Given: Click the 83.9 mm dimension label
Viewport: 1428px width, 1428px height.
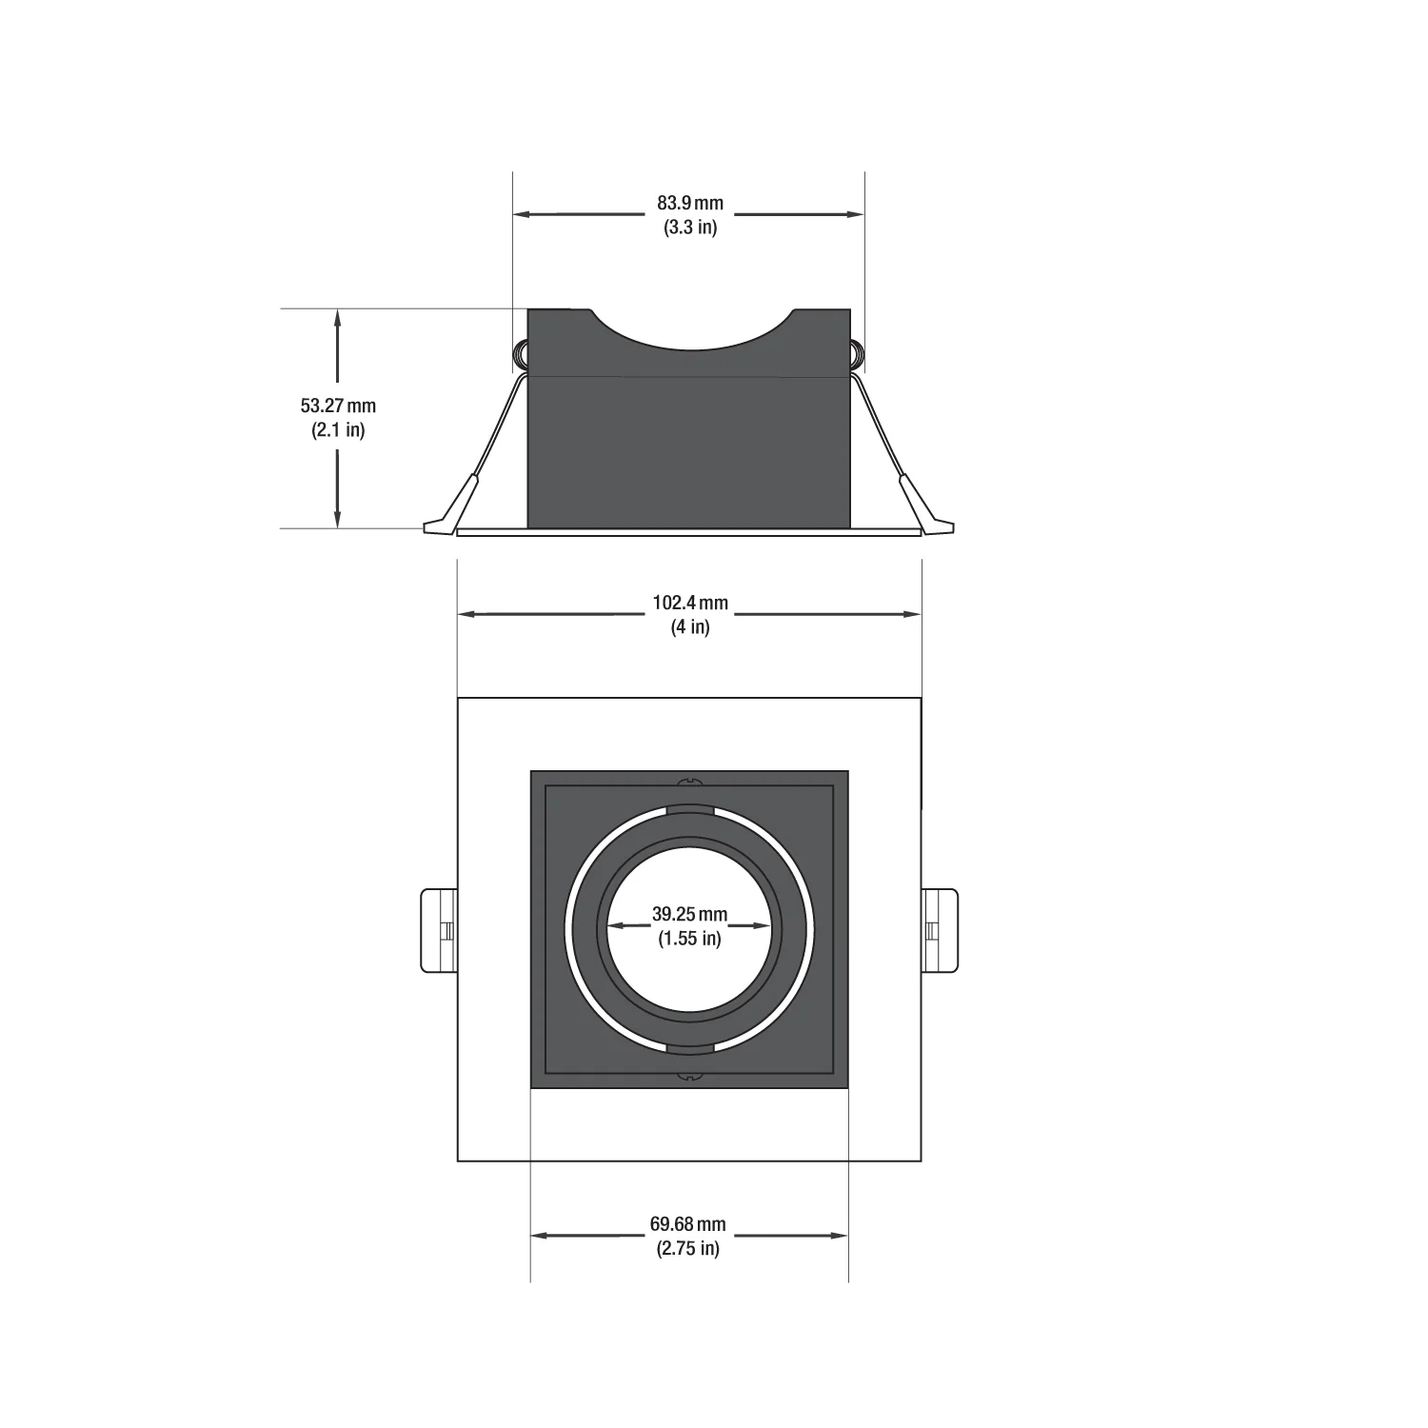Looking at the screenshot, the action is click(x=690, y=203).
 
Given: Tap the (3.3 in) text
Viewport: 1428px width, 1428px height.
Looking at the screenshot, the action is click(x=690, y=228).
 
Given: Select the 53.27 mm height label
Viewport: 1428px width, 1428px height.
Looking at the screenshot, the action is click(x=338, y=406).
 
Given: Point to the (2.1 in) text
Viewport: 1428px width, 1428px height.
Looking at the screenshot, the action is click(x=338, y=429).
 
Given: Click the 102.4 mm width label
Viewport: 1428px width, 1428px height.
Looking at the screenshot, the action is click(x=690, y=603).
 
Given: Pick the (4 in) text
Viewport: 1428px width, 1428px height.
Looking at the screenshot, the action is click(x=690, y=627).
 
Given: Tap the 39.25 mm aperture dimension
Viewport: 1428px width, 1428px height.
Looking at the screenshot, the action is click(x=689, y=914).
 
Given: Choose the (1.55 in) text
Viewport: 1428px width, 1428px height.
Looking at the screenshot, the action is click(x=689, y=939).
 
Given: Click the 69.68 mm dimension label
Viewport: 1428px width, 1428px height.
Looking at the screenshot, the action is click(x=688, y=1223).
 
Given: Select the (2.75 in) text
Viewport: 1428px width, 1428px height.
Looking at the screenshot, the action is click(x=688, y=1248).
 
